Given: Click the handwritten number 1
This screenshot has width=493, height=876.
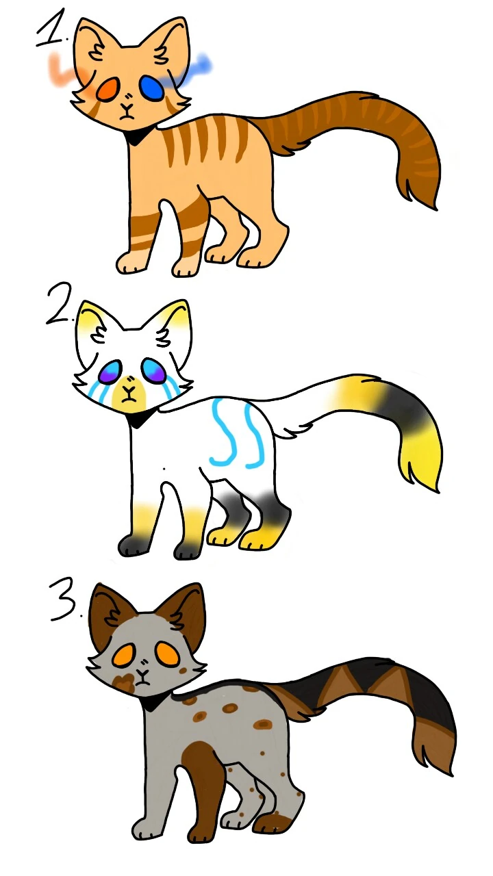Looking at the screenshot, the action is click(53, 31).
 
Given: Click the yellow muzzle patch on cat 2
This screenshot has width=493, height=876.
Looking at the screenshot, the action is click(127, 391).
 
